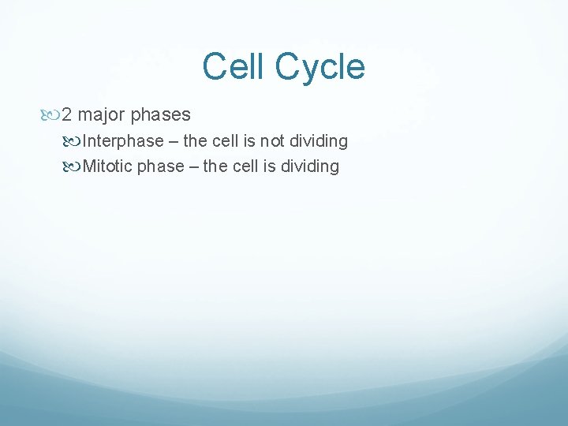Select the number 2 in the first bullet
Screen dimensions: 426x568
point(67,115)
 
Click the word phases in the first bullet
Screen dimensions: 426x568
point(160,115)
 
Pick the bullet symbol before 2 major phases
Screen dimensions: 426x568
point(52,115)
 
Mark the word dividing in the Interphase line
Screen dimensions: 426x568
point(318,141)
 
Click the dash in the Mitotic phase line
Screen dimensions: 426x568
point(194,166)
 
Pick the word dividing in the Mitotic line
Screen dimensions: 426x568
point(309,166)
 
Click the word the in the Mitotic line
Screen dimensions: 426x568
point(216,166)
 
